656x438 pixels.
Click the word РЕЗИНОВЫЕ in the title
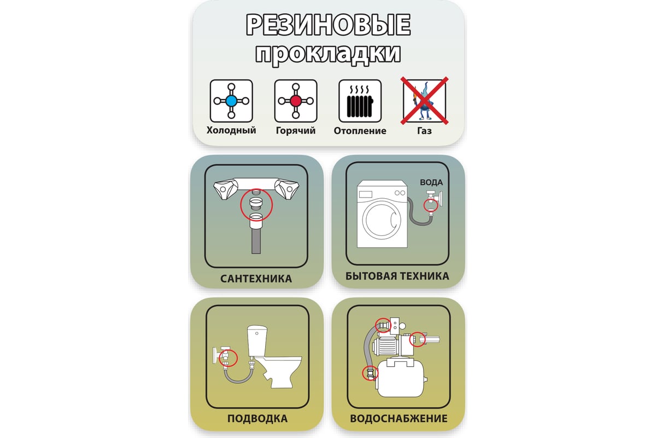coord(328,25)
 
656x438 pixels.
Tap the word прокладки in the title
coord(328,54)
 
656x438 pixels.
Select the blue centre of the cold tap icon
coord(231,101)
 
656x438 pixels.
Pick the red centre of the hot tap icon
coord(296,101)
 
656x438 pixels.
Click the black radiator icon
coord(360,101)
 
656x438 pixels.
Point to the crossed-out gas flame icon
coord(424,101)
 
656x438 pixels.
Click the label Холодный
coord(231,130)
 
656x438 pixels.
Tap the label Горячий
coord(296,130)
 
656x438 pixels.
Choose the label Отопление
coord(360,130)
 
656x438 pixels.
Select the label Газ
coord(424,130)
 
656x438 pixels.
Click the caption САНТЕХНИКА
coord(256,279)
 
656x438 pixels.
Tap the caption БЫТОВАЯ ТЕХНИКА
coord(397,276)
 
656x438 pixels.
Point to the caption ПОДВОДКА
coord(257,419)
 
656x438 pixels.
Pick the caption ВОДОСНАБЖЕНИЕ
coord(399,419)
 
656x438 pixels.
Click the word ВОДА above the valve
coord(431,182)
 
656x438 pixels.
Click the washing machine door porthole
coord(382,220)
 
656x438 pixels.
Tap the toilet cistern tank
coord(257,341)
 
